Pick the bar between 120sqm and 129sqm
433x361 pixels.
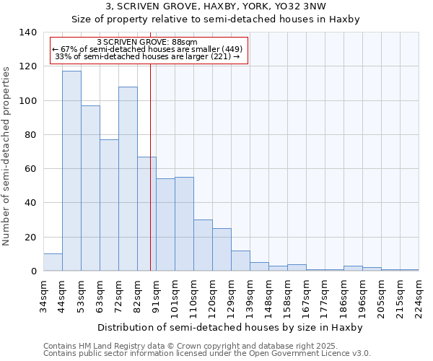point(222,250)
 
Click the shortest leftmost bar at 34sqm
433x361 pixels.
point(53,263)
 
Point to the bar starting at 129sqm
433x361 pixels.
point(240,261)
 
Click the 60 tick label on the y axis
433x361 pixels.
point(30,169)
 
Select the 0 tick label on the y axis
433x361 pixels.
point(32,271)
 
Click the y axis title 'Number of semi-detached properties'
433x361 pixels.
point(8,155)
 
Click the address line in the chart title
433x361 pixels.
point(216,6)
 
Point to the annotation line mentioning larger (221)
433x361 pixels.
point(147,56)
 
